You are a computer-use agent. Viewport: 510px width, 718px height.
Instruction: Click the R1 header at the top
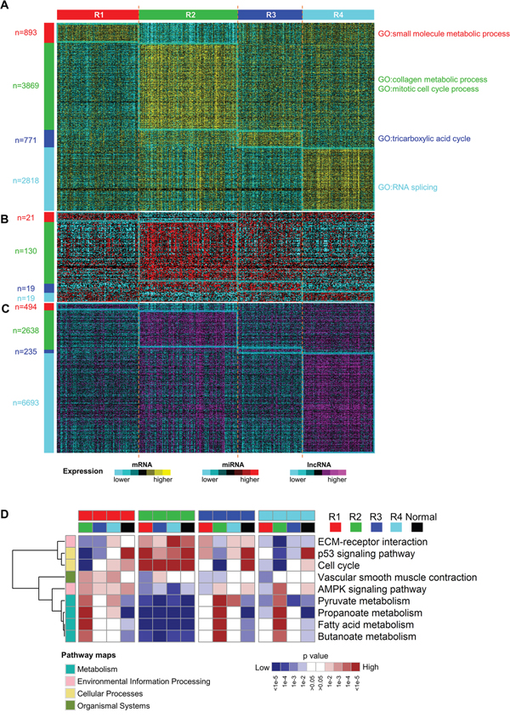pyautogui.click(x=98, y=15)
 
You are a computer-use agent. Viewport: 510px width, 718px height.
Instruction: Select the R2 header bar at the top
pyautogui.click(x=188, y=15)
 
